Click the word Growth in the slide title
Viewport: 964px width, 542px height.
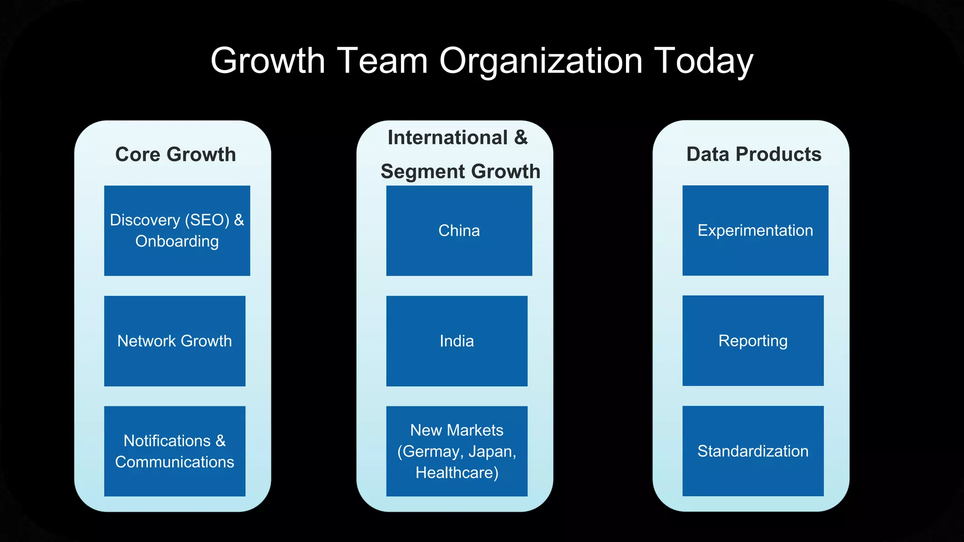[x=267, y=61]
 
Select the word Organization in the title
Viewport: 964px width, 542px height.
[x=541, y=61]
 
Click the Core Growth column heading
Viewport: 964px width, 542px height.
[x=176, y=154]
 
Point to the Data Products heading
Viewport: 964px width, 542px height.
[x=754, y=154]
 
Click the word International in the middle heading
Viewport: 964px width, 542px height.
[x=447, y=138]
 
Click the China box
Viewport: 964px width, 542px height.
[x=459, y=231]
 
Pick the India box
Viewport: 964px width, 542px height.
[x=457, y=341]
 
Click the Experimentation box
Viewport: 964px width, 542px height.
[x=755, y=231]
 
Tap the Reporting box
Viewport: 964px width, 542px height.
[x=753, y=341]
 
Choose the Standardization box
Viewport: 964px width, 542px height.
[x=753, y=451]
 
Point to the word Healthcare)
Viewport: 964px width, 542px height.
[x=457, y=473]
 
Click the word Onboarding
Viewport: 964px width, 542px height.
[x=177, y=241]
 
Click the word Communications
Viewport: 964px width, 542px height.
[x=175, y=462]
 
